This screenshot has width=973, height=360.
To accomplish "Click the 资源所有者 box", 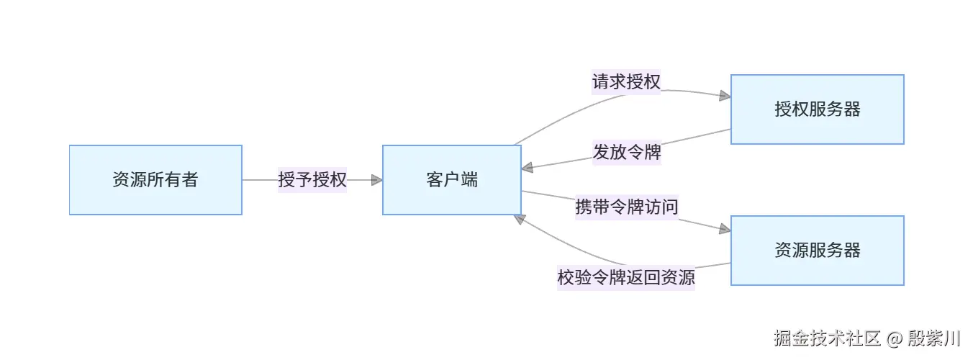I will click(x=155, y=180).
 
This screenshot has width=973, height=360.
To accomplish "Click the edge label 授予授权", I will click(x=312, y=180).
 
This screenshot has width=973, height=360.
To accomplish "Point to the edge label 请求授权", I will click(x=626, y=82).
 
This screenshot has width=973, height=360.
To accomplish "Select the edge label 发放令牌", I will click(x=626, y=153).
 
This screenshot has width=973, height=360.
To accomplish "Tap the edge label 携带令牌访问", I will click(x=626, y=207).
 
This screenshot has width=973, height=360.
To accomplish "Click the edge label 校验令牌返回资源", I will click(x=626, y=277).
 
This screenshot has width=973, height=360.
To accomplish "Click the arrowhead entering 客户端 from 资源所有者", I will click(x=376, y=180).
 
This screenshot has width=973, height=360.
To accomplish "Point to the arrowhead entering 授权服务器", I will click(x=724, y=95).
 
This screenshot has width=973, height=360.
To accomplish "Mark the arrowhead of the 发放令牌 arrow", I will click(x=528, y=168).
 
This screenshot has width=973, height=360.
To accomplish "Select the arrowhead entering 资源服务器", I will click(x=724, y=229).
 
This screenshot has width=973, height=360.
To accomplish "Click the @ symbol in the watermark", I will click(x=895, y=338).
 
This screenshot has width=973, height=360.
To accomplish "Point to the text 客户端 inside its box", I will click(x=451, y=180).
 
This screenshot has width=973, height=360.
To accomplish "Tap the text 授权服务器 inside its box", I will click(x=817, y=109).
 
